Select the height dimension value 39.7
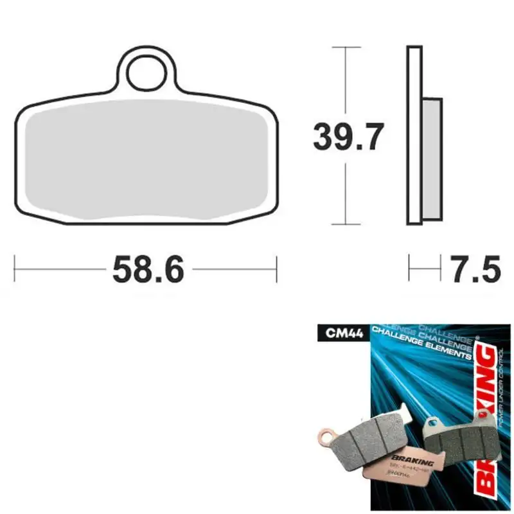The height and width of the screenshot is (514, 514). coord(348,136)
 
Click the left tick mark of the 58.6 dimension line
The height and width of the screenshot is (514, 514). coord(15,269)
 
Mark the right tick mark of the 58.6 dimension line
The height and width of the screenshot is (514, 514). coord(276,269)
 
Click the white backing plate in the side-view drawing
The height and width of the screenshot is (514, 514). coord(414,135)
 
